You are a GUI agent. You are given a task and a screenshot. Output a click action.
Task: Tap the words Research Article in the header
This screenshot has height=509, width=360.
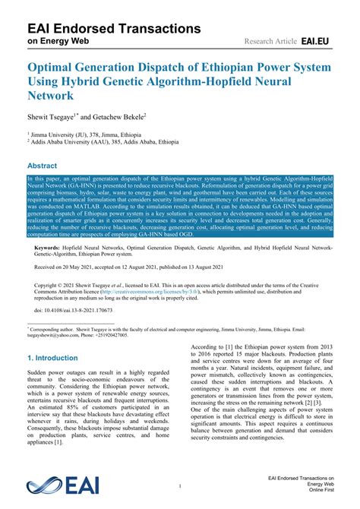pyautogui.click(x=270, y=40)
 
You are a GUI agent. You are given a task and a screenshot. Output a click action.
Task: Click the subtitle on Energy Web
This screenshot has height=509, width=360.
pyautogui.click(x=59, y=41)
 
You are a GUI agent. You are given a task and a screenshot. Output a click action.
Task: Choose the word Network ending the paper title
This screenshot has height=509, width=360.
pyautogui.click(x=50, y=96)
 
